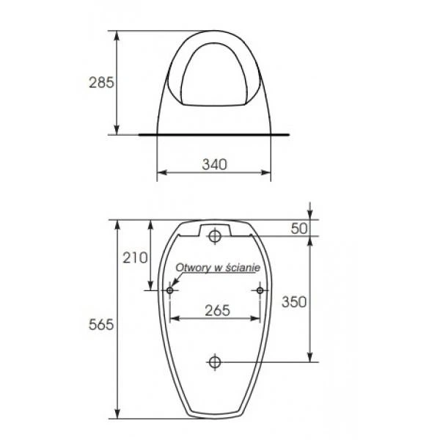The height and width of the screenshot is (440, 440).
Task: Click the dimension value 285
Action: click(101, 82)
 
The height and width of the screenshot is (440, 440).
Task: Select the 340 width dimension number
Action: click(214, 164)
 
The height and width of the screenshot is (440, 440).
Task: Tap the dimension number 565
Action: click(101, 325)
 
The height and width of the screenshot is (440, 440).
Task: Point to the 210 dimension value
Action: click(135, 257)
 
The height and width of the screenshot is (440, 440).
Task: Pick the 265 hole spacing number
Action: click(218, 310)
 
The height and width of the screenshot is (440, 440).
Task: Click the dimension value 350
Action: click(294, 302)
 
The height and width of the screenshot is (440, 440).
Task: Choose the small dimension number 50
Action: click(299, 228)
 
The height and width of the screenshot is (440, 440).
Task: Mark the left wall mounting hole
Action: click(170, 290)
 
